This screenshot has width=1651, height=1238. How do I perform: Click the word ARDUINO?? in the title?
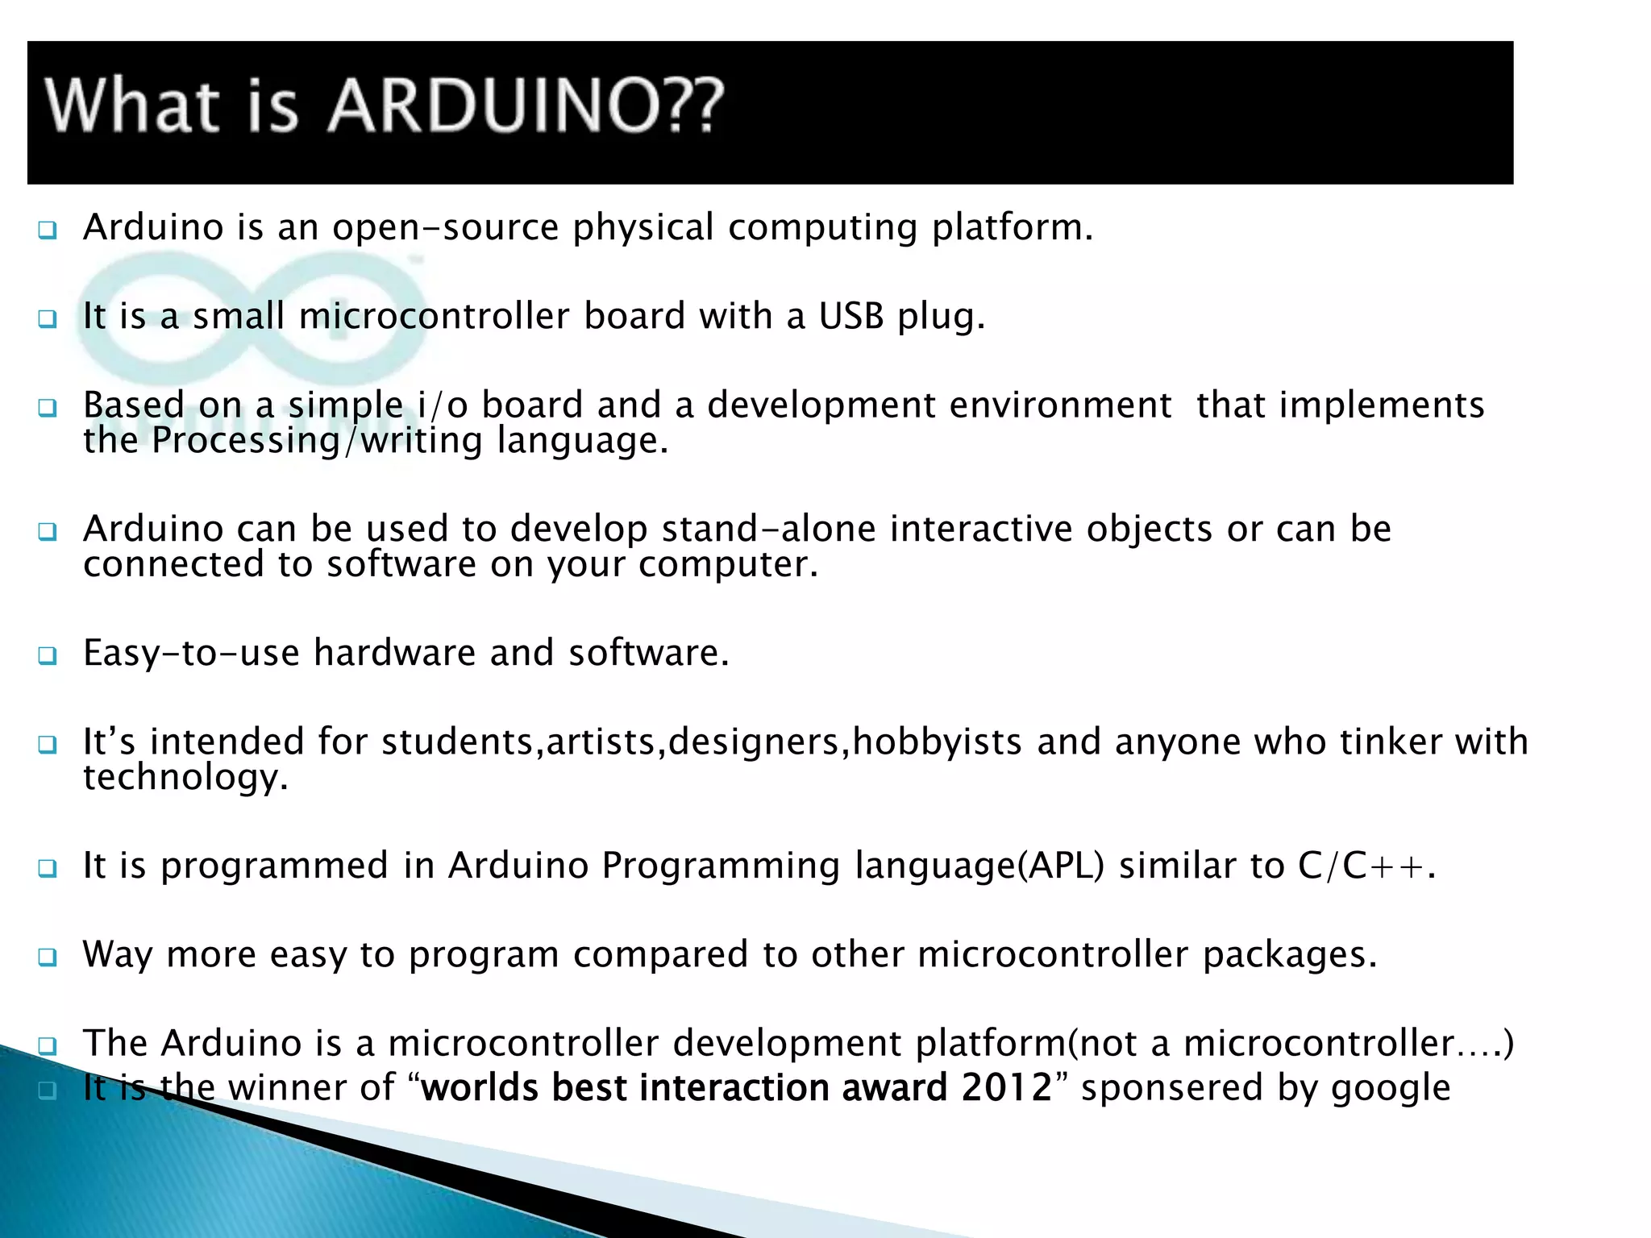526,106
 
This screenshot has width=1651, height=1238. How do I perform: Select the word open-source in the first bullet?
445,228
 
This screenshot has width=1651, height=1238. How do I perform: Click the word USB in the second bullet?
851,316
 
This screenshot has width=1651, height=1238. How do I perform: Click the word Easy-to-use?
191,653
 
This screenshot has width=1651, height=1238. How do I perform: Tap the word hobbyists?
938,742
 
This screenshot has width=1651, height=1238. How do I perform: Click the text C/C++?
1362,866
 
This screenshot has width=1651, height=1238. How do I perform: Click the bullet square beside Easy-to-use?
48,655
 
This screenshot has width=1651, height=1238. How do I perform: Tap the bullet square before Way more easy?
48,958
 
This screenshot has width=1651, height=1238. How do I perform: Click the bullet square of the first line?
48,231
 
